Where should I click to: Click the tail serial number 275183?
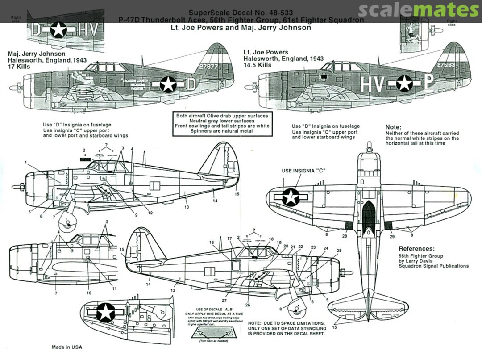(x=446, y=64)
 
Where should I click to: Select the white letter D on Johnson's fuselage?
(x=190, y=85)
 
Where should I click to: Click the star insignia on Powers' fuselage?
(x=404, y=84)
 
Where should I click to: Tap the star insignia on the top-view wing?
(x=291, y=197)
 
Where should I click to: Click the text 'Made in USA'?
(x=67, y=347)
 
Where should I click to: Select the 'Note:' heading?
(x=393, y=127)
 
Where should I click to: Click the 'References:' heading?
(x=416, y=248)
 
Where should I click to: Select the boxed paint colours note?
(x=222, y=123)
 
